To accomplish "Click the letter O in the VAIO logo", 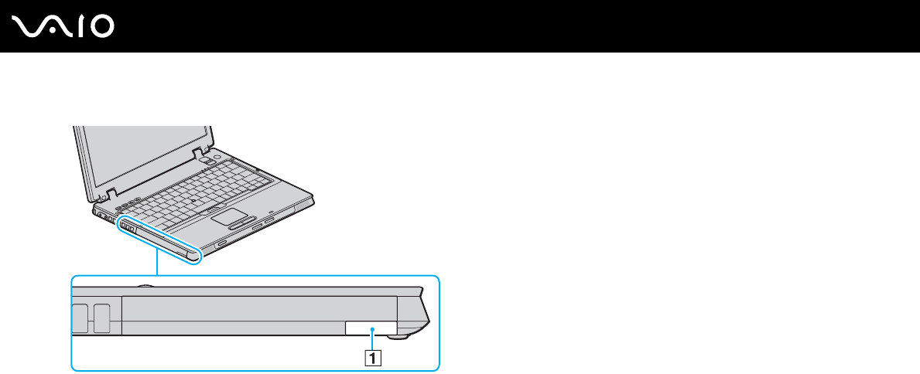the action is pyautogui.click(x=101, y=27).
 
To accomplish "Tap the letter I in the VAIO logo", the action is pyautogui.click(x=80, y=27).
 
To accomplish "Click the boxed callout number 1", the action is pyautogui.click(x=373, y=358).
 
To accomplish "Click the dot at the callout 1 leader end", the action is pyautogui.click(x=373, y=330).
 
